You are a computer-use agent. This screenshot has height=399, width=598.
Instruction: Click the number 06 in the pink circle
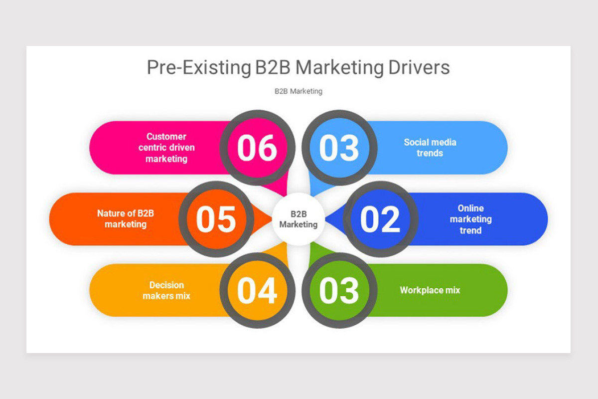pyautogui.click(x=257, y=148)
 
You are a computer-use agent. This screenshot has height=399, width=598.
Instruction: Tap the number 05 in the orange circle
pyautogui.click(x=216, y=219)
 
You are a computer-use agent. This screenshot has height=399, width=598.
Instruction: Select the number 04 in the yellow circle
pyautogui.click(x=257, y=290)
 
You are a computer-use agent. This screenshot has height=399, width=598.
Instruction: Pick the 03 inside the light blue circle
pyautogui.click(x=339, y=148)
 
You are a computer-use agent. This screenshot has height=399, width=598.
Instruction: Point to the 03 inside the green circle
pyautogui.click(x=339, y=290)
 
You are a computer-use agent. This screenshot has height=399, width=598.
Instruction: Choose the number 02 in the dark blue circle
pyautogui.click(x=380, y=219)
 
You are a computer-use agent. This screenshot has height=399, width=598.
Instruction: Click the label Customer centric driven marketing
pyautogui.click(x=166, y=148)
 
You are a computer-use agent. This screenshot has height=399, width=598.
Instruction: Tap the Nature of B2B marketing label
pyautogui.click(x=126, y=219)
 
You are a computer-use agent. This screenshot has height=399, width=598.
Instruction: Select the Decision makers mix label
pyautogui.click(x=166, y=290)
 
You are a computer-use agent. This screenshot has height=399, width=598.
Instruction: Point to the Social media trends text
pyautogui.click(x=430, y=148)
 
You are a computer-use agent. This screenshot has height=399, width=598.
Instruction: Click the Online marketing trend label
pyautogui.click(x=470, y=219)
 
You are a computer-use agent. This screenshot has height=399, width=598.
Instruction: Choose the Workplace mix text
pyautogui.click(x=430, y=290)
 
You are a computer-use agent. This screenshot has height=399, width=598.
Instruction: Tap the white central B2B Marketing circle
pyautogui.click(x=298, y=219)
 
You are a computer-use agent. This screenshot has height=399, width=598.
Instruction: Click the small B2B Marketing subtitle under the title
pyautogui.click(x=298, y=91)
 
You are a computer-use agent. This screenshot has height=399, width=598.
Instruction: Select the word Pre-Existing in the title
pyautogui.click(x=198, y=67)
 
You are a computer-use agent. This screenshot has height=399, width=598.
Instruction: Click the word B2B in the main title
pyautogui.click(x=273, y=67)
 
